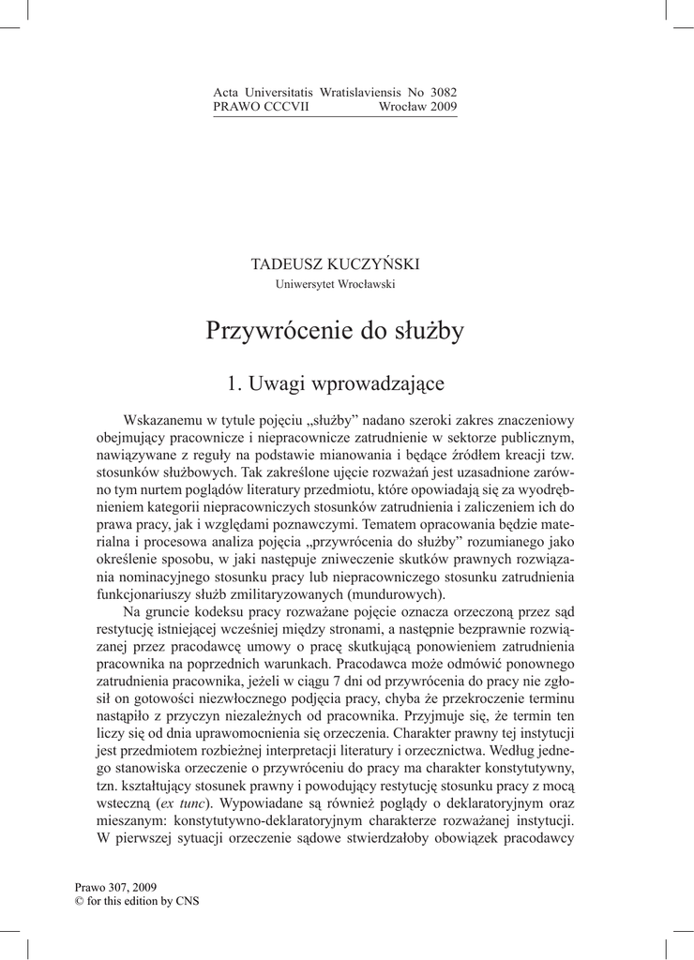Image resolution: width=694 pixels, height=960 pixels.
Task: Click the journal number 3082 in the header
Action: pyautogui.click(x=443, y=93)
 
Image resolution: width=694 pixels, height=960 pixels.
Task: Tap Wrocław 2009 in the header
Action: pyautogui.click(x=417, y=107)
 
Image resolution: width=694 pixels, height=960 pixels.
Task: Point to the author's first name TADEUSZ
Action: pyautogui.click(x=284, y=264)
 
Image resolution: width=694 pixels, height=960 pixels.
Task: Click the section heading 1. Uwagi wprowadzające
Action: pyautogui.click(x=335, y=383)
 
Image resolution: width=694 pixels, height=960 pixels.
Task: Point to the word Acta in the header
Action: pyautogui.click(x=227, y=93)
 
